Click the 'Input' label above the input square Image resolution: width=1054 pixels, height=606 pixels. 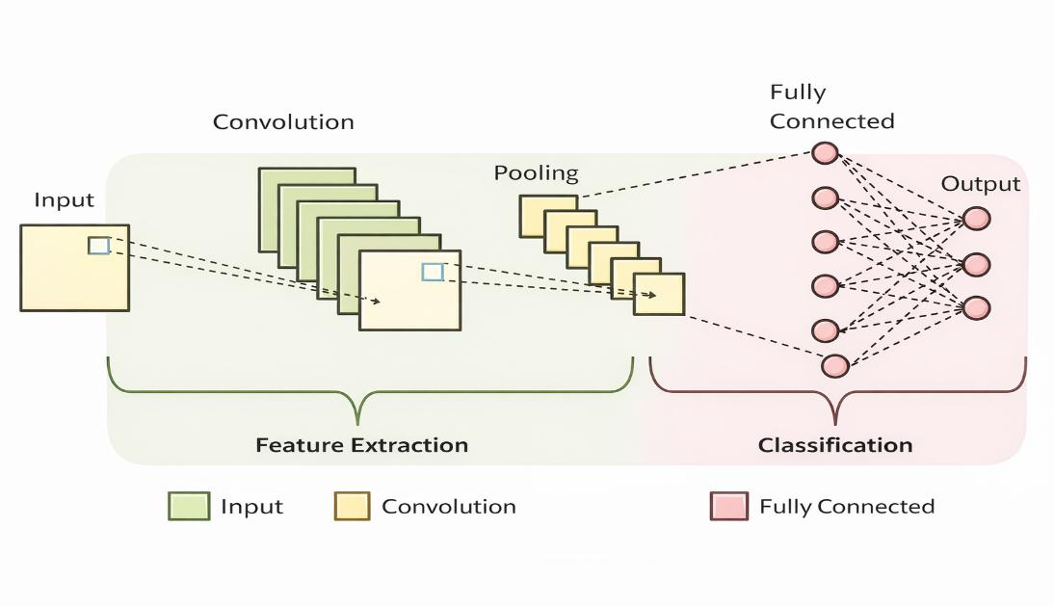[x=64, y=200]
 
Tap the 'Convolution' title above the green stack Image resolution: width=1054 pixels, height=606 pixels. [x=283, y=122]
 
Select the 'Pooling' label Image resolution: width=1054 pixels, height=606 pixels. [x=536, y=173]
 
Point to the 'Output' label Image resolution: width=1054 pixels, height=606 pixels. [x=980, y=184]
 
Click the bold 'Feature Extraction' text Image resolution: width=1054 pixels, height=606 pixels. [x=361, y=445]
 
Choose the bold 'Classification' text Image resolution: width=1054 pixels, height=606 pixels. [x=835, y=445]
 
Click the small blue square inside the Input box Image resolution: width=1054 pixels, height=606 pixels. [x=99, y=246]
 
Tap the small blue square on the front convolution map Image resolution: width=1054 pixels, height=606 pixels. [x=433, y=272]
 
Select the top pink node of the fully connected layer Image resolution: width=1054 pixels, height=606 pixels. [x=825, y=153]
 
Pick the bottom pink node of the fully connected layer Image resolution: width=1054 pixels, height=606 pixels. [x=835, y=365]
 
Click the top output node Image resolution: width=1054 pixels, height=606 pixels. [x=977, y=219]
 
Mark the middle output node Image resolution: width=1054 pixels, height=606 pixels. [x=977, y=265]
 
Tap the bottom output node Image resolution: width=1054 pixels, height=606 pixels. [x=977, y=308]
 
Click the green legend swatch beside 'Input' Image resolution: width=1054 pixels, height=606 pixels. [x=189, y=507]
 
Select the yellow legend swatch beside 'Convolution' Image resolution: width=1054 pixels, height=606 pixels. [x=353, y=507]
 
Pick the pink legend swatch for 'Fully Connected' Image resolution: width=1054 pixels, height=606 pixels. [x=729, y=507]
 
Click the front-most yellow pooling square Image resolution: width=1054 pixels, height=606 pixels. [x=659, y=294]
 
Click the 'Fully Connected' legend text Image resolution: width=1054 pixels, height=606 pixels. [x=847, y=507]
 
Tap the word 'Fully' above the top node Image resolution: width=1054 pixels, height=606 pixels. [x=798, y=92]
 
